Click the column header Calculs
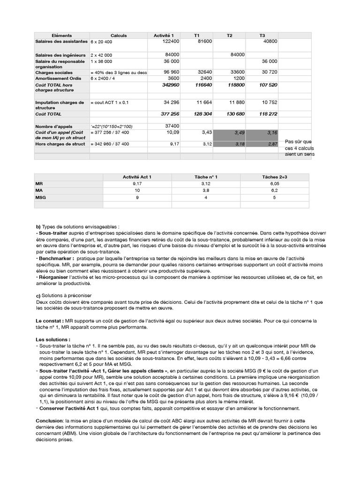119,36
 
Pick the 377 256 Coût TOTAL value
171,114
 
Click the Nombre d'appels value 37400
172,126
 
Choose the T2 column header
229,36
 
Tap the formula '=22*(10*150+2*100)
112,127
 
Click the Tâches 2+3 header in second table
275,177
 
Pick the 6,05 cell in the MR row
275,184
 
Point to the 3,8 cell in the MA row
206,191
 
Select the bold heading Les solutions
53,339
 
